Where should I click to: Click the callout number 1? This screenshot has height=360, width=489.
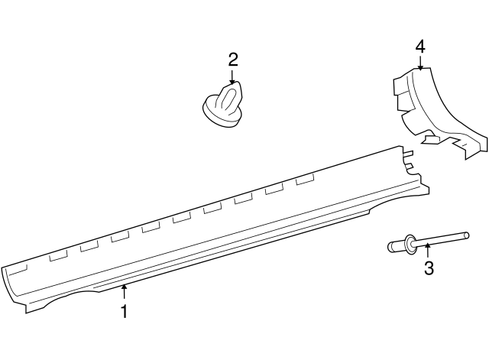pos(125,311)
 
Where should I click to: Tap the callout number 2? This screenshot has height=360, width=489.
pos(233,60)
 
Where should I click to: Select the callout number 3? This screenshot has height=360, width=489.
pos(429,268)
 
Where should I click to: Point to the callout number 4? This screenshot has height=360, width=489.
pos(420,47)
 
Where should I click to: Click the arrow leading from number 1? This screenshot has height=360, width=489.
pos(125,293)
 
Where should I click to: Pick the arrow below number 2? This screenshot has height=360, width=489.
pos(232,77)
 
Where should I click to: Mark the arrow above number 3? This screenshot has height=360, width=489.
pos(428,251)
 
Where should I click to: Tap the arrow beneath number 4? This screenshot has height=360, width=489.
pos(420,63)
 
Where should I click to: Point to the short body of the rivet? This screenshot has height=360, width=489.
pos(397,246)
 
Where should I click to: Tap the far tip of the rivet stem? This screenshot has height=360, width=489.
pos(466,235)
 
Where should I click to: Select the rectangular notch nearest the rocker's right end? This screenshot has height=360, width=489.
pos(305,180)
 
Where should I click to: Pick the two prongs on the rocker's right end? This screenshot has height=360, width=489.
pos(408,159)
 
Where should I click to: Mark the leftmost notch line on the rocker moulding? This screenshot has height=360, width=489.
pos(18,271)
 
